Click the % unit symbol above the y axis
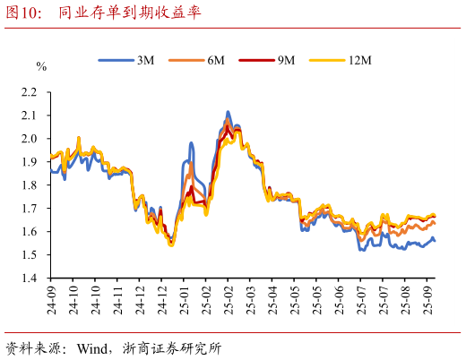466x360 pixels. tap(41, 67)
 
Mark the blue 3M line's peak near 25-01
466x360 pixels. tap(191, 143)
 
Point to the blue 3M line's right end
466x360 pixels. tap(436, 240)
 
